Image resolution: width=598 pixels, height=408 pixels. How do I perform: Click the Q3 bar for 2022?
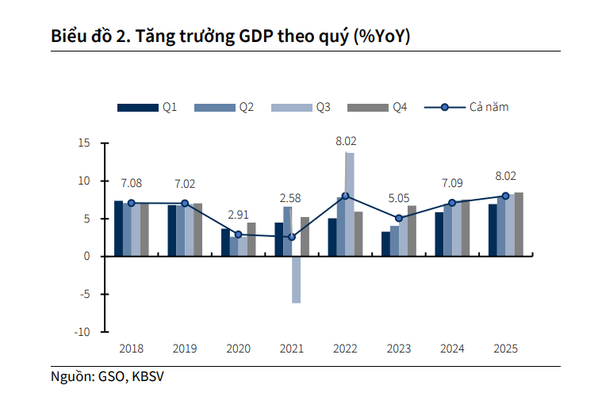350,204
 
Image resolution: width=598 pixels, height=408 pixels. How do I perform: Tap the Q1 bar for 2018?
118,229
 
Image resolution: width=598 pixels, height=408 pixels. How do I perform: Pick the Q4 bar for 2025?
519,224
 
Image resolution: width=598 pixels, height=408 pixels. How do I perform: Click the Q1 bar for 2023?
385,244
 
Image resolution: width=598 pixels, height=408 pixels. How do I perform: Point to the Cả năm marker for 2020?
239,235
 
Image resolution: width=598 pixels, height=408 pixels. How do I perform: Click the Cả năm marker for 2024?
452,203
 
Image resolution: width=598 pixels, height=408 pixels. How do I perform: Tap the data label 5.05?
398,199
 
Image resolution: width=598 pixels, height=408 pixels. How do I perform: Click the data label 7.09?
452,185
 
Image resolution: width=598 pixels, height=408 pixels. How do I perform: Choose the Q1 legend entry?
147,107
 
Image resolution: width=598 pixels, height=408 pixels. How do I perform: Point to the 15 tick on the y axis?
84,143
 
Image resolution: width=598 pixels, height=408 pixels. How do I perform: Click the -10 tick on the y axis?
82,332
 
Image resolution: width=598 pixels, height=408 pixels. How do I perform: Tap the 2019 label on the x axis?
185,349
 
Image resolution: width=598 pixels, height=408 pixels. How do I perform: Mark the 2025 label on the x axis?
505,349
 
